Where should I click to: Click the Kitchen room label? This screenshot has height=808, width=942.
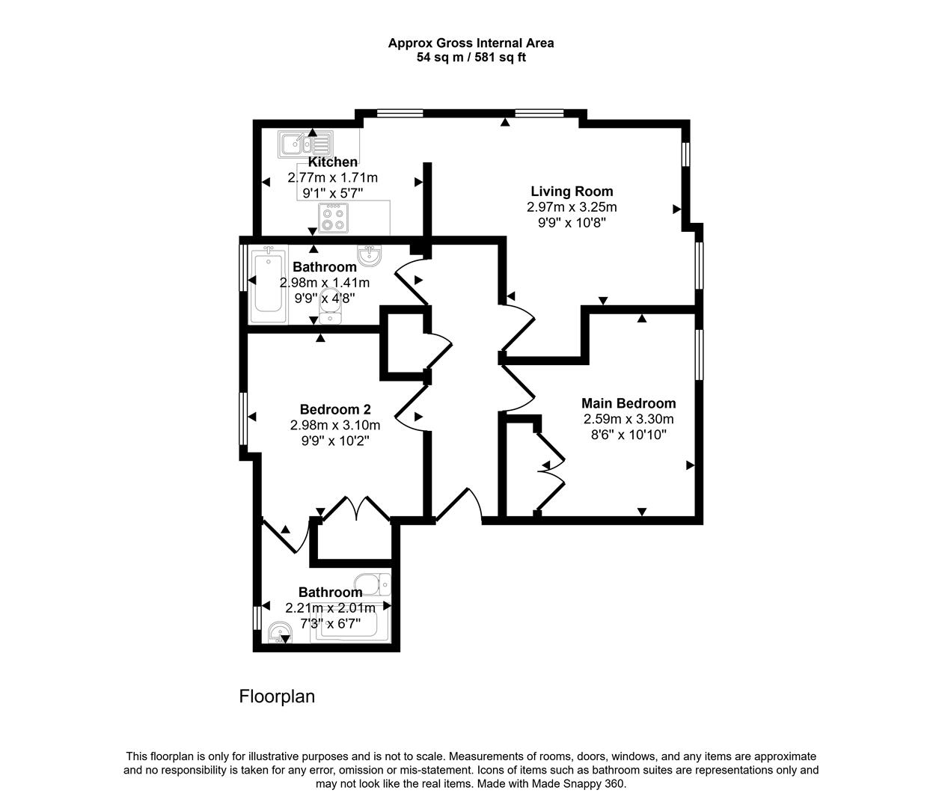tap(332, 162)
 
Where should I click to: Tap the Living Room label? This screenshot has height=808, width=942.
tap(572, 192)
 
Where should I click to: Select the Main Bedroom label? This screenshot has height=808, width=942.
tap(628, 403)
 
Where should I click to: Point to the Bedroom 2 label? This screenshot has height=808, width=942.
tap(335, 409)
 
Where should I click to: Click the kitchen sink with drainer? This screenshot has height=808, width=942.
tap(305, 144)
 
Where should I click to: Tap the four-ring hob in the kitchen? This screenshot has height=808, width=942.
tap(333, 218)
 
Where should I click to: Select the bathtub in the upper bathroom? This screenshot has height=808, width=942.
tap(269, 285)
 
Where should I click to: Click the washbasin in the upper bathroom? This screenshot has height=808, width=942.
tap(369, 255)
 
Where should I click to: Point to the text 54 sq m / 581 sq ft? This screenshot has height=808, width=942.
tap(471, 58)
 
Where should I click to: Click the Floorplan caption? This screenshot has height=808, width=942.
tap(277, 697)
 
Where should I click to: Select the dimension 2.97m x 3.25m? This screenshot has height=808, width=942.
tap(572, 207)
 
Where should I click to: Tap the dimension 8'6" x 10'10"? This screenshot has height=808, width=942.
tap(628, 435)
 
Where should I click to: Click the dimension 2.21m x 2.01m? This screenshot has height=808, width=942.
tap(331, 608)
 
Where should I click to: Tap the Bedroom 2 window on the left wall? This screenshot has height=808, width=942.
tap(243, 418)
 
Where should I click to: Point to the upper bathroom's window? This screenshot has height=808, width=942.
tap(243, 267)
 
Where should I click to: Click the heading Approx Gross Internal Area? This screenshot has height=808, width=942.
tap(471, 43)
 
